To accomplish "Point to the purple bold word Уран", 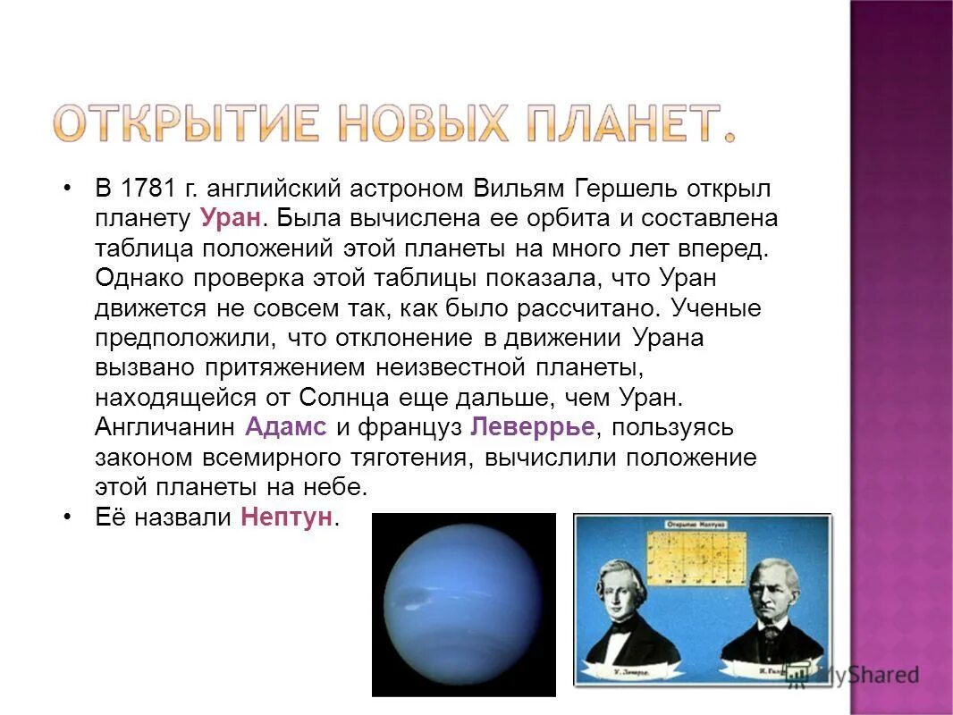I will (229, 219).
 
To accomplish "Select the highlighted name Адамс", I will (286, 426).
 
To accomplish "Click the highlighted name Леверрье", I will (532, 426).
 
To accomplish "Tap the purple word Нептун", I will (286, 517).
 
